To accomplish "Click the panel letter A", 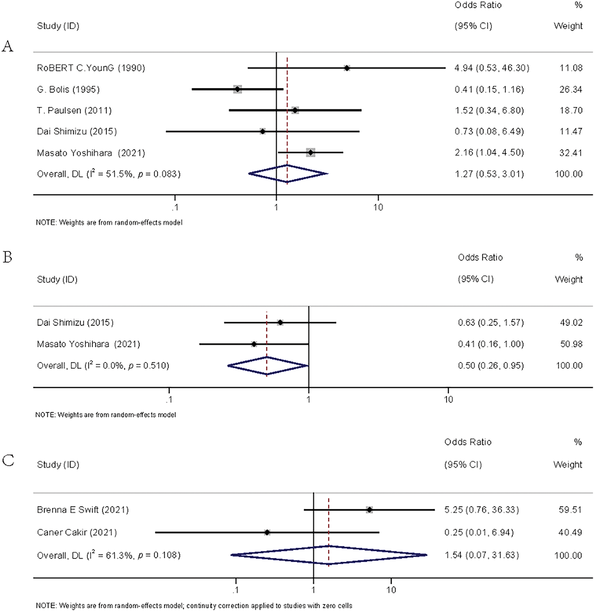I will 7,47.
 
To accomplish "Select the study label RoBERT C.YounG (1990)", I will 91,68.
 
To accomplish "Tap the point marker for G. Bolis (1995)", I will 237,89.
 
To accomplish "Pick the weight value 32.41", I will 570,153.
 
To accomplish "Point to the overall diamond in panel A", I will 288,173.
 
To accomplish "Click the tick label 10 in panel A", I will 378,207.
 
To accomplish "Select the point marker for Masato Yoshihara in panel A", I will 311,153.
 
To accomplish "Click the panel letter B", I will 7,257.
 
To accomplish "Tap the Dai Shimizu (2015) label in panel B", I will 75,323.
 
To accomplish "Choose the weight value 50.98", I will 571,344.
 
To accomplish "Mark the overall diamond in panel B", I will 268,366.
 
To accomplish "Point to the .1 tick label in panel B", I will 169,400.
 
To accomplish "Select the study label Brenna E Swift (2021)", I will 83,510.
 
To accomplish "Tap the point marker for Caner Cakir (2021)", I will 267,533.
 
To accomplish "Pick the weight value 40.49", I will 570,533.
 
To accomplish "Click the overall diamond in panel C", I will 329,555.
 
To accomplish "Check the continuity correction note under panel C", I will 194,605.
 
